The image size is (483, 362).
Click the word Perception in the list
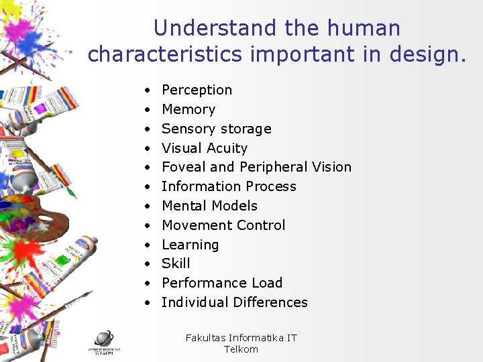[x=197, y=90]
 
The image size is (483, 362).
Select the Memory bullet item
[x=189, y=109]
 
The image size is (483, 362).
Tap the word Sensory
[x=188, y=129]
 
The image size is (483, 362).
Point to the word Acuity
[x=227, y=148]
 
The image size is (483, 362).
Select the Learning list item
[x=190, y=245]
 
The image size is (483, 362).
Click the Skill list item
[x=176, y=263]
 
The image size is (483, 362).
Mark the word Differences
[x=267, y=302]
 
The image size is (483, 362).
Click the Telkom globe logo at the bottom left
[x=104, y=339]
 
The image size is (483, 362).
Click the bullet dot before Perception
[x=146, y=90]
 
